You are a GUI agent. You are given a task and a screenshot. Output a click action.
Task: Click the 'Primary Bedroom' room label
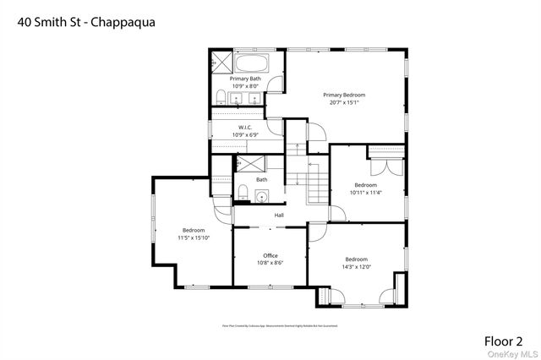342,95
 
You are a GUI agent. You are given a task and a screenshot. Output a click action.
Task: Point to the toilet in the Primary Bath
219,95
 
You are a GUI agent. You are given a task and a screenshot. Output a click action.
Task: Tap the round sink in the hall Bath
262,197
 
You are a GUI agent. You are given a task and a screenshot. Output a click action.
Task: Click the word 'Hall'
278,215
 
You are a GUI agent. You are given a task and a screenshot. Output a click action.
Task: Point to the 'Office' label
270,255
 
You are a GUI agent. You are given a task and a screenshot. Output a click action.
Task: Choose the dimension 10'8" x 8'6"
270,263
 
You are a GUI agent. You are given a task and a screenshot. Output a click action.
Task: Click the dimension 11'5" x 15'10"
194,237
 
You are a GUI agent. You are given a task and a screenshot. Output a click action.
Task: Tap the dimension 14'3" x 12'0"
356,266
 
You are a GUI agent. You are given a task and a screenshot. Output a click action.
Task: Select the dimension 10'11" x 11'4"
365,192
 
